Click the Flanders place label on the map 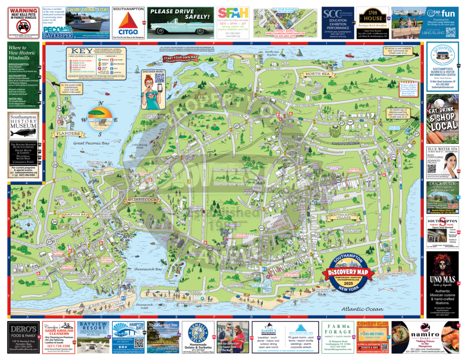click(x=68, y=134)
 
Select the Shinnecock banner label click(x=142, y=200)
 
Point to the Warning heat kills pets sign click(x=24, y=22)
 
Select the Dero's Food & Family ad click(x=24, y=337)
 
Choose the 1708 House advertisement click(x=372, y=20)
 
